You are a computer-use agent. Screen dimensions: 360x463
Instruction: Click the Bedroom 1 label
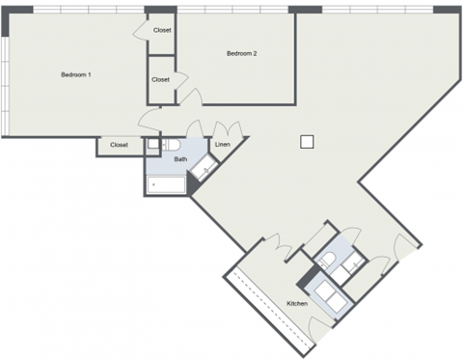pos(75,74)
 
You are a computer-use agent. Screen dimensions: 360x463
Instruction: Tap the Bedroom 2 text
pos(241,53)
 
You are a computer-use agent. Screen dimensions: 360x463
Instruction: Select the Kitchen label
pos(297,304)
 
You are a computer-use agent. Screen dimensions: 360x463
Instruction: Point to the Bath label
pos(180,158)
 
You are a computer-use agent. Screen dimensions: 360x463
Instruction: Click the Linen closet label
pos(222,145)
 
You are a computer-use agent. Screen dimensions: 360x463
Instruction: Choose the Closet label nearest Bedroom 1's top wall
pos(162,30)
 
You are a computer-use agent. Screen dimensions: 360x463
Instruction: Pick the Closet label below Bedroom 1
pos(119,145)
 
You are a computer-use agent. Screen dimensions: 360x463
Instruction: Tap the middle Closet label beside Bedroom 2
pos(160,79)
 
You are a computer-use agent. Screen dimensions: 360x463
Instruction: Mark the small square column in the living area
pos(307,141)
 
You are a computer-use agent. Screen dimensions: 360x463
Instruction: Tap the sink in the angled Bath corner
pos(204,170)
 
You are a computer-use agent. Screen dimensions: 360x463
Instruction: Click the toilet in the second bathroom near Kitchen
pos(326,258)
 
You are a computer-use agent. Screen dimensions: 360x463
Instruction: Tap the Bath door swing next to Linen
pos(193,130)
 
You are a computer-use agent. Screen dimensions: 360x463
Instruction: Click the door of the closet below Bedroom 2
pos(188,97)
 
